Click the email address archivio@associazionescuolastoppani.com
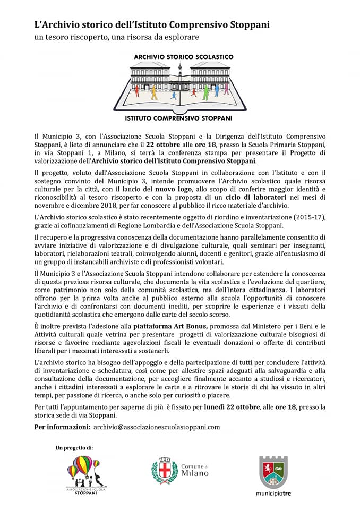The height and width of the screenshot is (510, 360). [156, 427]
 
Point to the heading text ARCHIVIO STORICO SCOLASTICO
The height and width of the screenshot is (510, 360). [183, 56]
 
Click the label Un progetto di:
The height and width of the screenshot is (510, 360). [74, 448]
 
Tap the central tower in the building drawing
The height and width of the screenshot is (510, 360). [180, 74]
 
